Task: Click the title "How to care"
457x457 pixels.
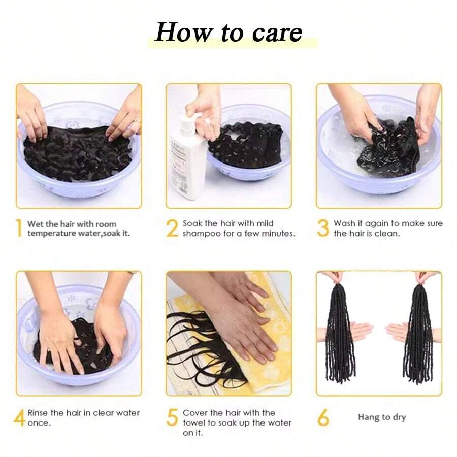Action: click(228, 32)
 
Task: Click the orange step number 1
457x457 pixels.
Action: click(19, 228)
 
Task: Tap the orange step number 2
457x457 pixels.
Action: click(172, 228)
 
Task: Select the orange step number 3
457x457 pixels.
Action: click(323, 228)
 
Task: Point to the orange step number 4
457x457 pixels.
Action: click(19, 418)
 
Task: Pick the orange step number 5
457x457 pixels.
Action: click(172, 418)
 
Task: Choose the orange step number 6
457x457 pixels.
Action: click(323, 418)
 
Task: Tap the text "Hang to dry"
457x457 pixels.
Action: click(382, 417)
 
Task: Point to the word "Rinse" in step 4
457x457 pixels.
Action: click(39, 413)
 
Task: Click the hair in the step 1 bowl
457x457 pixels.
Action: click(76, 152)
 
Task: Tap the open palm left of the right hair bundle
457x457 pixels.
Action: click(396, 332)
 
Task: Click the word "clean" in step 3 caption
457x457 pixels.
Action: click(388, 234)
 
